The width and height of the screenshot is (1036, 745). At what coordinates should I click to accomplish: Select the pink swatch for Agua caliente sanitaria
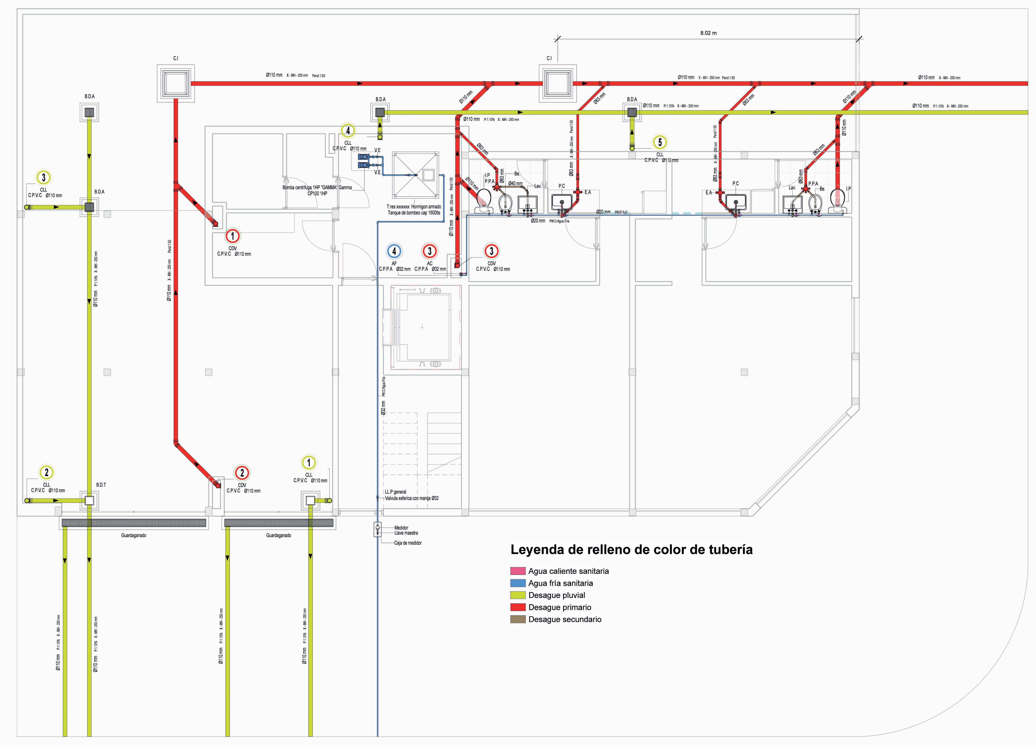(518, 571)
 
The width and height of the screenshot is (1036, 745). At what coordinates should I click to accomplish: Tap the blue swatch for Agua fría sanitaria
(518, 583)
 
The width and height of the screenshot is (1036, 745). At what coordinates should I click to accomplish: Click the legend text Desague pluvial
(556, 595)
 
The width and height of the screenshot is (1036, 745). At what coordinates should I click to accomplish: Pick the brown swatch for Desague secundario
(518, 619)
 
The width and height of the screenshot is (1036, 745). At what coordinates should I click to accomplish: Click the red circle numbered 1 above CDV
(233, 236)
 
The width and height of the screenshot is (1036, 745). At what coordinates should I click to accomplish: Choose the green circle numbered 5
(660, 143)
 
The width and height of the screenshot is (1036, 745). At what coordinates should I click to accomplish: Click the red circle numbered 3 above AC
(429, 251)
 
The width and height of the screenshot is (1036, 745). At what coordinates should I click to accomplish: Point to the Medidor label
(401, 528)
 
